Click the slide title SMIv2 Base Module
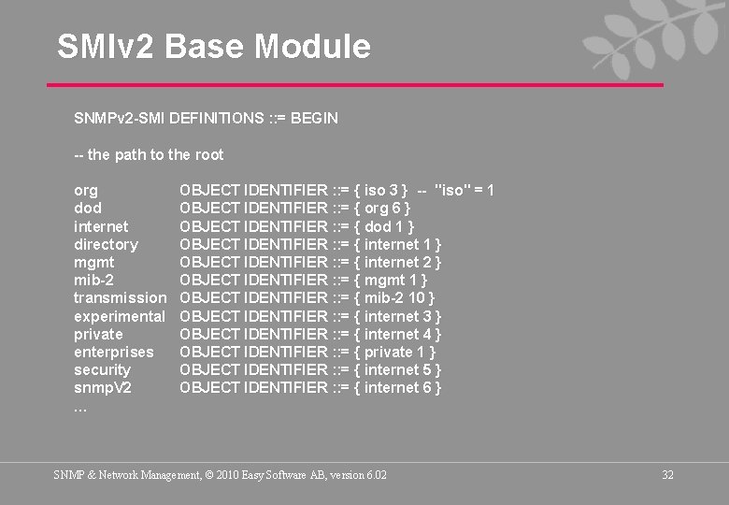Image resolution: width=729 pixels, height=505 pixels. [x=213, y=46]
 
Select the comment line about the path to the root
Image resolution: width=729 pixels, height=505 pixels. [x=149, y=154]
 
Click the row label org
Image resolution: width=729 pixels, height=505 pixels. [x=86, y=191]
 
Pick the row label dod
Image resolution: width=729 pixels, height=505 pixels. [x=88, y=209]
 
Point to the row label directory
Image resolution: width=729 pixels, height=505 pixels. [x=106, y=245]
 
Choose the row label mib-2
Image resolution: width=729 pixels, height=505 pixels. [x=93, y=281]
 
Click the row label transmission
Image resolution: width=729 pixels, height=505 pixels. [x=120, y=298]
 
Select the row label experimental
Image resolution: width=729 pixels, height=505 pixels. [x=120, y=316]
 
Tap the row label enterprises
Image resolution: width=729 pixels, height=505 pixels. [x=114, y=353]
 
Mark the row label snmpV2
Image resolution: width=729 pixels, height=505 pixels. [x=103, y=388]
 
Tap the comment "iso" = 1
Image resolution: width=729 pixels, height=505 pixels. [x=465, y=191]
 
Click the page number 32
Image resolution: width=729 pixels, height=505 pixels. [x=667, y=475]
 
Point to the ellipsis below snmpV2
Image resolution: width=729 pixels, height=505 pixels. [x=80, y=407]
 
